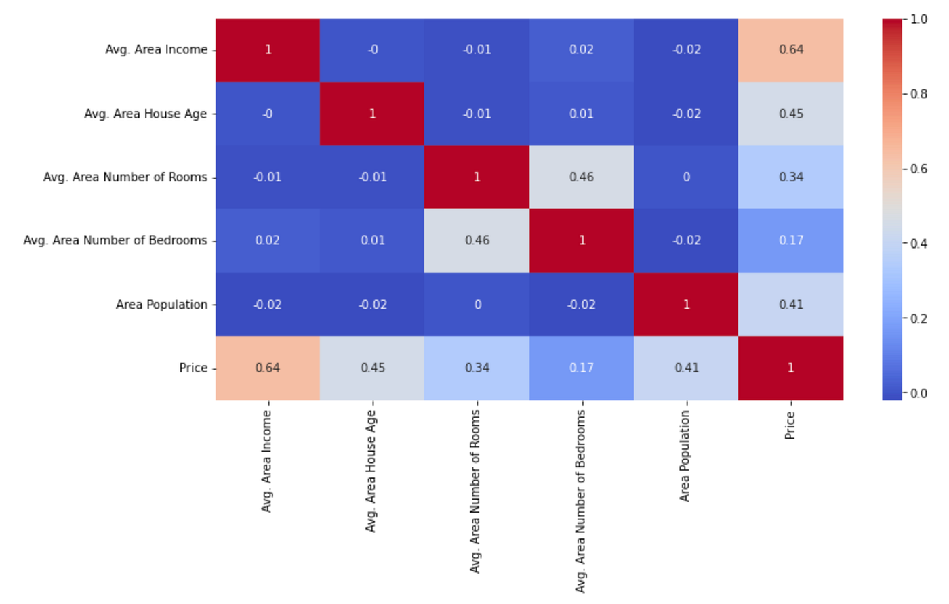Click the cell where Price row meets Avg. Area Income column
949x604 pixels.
click(x=268, y=368)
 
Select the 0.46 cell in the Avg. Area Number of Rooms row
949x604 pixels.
click(x=582, y=177)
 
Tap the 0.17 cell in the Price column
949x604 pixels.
click(x=791, y=240)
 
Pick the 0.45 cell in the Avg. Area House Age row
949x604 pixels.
click(x=791, y=114)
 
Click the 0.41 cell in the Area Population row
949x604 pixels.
click(x=791, y=304)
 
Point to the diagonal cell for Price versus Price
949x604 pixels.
click(x=791, y=368)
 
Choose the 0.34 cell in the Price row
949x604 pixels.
click(x=477, y=368)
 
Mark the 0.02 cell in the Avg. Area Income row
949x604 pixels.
click(x=582, y=49)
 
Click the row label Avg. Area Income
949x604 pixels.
click(x=156, y=49)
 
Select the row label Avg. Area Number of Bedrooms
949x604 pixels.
click(x=115, y=240)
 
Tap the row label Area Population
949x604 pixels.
click(x=161, y=304)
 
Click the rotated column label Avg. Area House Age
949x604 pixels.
click(x=371, y=471)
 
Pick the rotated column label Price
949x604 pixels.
click(x=790, y=425)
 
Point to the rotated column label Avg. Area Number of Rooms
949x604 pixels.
click(x=475, y=491)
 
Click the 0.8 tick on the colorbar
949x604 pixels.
click(x=919, y=94)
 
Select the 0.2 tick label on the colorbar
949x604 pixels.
click(x=919, y=318)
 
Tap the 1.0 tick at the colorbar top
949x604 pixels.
click(x=919, y=20)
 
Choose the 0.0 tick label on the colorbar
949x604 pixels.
click(x=919, y=393)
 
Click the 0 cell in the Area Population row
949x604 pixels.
click(x=477, y=304)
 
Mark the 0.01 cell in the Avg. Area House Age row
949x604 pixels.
click(x=582, y=114)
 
